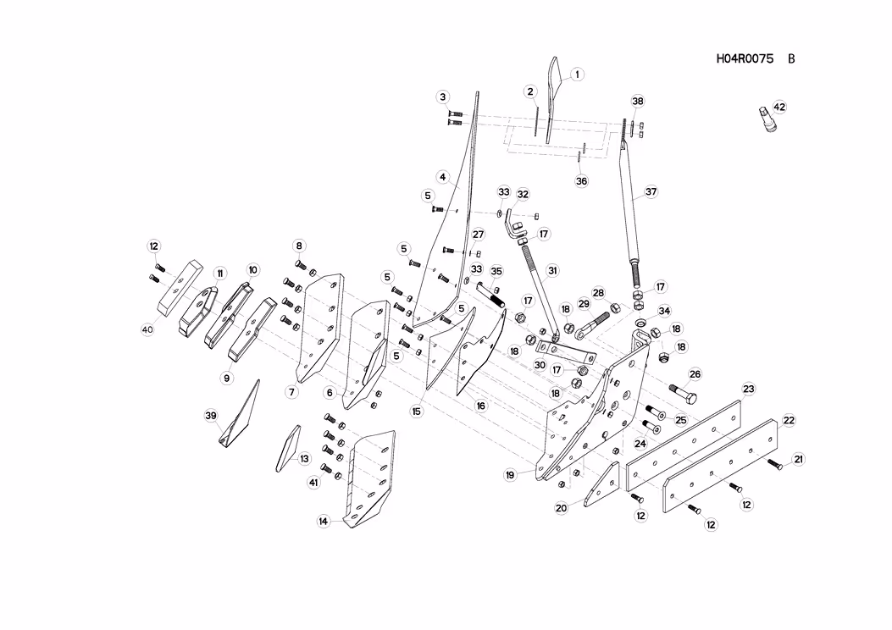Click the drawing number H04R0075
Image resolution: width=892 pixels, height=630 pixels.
pyautogui.click(x=745, y=58)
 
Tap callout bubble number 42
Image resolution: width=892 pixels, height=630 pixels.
pyautogui.click(x=779, y=107)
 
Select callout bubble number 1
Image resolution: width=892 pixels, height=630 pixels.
pyautogui.click(x=577, y=75)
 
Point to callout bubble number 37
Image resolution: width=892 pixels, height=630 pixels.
pyautogui.click(x=651, y=191)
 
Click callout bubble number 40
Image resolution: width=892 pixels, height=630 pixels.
pyautogui.click(x=148, y=329)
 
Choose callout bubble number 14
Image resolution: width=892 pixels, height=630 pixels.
pyautogui.click(x=324, y=522)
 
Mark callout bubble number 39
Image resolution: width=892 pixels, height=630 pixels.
pyautogui.click(x=211, y=417)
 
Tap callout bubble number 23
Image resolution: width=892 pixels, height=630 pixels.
pyautogui.click(x=749, y=389)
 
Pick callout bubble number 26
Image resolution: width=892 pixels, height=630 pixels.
pyautogui.click(x=695, y=374)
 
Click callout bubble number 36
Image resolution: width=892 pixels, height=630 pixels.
pyautogui.click(x=581, y=181)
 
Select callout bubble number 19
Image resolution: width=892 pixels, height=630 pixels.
pyautogui.click(x=510, y=475)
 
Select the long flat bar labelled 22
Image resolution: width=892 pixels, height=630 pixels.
pyautogui.click(x=721, y=466)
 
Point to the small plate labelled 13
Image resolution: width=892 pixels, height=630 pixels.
pyautogui.click(x=288, y=449)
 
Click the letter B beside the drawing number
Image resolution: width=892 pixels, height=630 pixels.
pyautogui.click(x=791, y=58)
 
